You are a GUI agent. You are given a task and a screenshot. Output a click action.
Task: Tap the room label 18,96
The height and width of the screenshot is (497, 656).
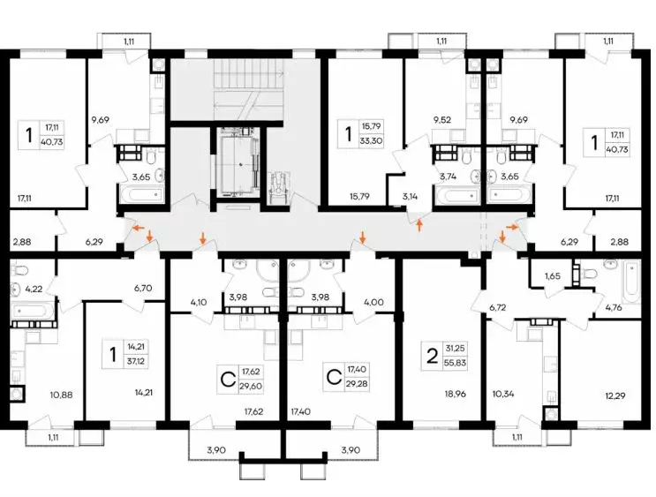[456, 394]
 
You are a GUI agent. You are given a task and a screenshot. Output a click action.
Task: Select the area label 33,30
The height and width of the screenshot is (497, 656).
[371, 141]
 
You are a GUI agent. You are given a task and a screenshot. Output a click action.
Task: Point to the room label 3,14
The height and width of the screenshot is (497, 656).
[410, 196]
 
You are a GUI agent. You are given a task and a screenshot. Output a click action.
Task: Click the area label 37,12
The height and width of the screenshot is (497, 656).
[136, 361]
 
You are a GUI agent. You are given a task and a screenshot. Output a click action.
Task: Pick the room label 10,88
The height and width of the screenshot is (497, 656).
[62, 395]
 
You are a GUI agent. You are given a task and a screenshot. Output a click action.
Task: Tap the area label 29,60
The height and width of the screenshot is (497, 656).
[251, 386]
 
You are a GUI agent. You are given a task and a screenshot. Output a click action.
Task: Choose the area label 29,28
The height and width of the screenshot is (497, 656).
[357, 384]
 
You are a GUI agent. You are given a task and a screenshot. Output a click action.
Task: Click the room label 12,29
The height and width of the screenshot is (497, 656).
[615, 395]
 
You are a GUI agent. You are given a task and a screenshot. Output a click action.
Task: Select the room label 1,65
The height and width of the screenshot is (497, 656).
[552, 276]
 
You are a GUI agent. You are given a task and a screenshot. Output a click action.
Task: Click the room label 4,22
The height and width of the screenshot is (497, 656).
[34, 289]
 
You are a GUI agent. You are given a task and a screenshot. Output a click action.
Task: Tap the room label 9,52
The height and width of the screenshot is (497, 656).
[442, 120]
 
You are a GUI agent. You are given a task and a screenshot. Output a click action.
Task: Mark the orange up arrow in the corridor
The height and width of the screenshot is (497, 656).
[419, 225]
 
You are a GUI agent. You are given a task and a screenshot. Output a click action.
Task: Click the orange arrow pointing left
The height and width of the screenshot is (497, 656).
[138, 228]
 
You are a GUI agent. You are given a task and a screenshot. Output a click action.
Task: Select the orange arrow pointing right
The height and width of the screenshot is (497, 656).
[512, 226]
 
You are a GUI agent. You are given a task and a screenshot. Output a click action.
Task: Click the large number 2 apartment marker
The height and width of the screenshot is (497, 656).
[432, 357]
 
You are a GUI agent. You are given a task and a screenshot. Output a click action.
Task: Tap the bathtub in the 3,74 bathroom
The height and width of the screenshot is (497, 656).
[457, 195]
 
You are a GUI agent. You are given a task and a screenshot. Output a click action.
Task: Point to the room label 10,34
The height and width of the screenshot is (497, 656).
[504, 394]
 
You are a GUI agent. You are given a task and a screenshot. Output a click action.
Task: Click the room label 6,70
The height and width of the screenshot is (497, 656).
[143, 288]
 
